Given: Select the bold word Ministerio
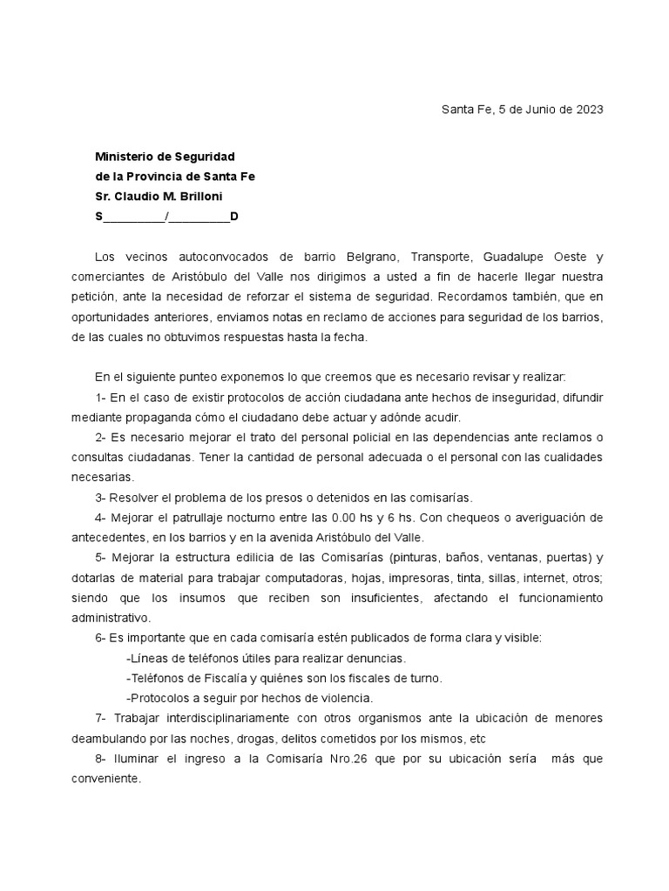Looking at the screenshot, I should coord(125,157).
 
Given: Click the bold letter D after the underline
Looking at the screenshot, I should coord(233,216).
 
